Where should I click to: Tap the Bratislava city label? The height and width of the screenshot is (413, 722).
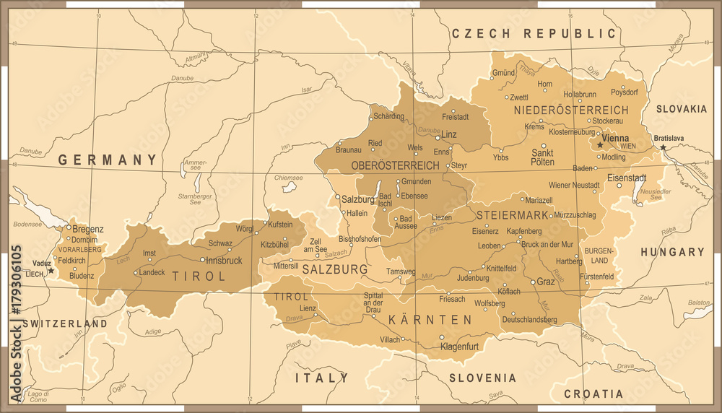[669, 138]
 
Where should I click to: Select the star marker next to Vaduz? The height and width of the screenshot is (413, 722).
[51, 271]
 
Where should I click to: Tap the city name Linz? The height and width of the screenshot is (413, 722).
[449, 135]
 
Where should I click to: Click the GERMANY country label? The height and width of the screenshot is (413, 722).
[108, 160]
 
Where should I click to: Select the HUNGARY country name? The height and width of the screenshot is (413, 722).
[671, 252]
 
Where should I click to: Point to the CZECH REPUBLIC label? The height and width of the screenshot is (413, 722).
[534, 33]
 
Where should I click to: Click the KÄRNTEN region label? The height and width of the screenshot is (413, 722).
[430, 319]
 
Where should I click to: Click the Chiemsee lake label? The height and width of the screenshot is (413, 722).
[288, 177]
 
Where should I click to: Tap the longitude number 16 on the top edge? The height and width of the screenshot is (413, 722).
[570, 14]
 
